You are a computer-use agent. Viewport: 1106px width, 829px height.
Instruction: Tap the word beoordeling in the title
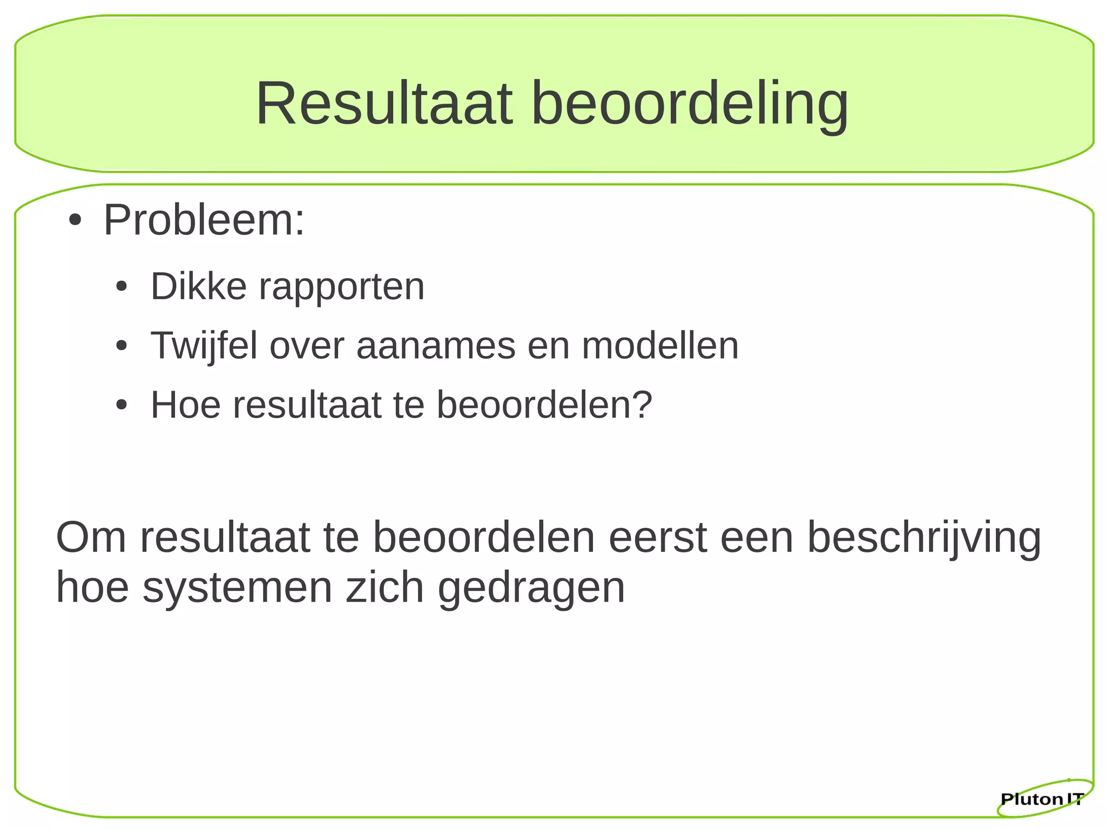point(690,104)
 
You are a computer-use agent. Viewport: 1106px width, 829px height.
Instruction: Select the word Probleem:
point(204,220)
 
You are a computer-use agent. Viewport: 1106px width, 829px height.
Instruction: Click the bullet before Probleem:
point(75,221)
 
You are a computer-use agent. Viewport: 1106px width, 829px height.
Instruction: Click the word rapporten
point(341,287)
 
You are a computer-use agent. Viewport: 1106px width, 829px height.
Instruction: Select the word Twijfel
point(204,346)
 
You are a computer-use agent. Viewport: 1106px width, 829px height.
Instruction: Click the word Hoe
point(186,405)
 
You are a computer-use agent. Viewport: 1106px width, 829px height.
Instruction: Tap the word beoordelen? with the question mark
point(544,405)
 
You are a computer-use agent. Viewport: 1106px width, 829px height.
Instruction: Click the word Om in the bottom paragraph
point(91,537)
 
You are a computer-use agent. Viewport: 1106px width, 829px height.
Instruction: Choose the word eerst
point(658,537)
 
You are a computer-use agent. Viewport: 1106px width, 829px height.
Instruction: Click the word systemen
point(238,588)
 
